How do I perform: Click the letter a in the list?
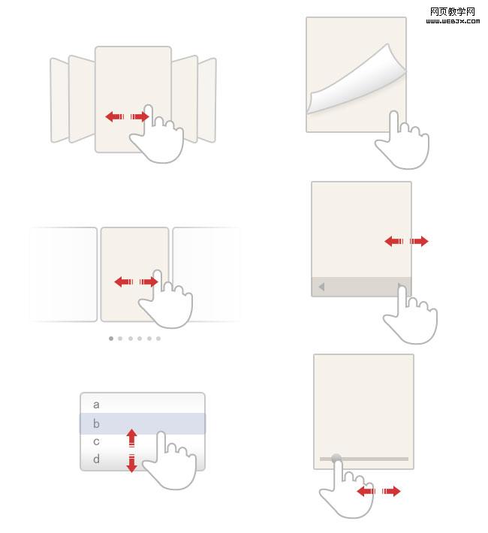(x=96, y=405)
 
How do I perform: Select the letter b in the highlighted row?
(x=96, y=423)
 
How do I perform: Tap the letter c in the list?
(x=96, y=441)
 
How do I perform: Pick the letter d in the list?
(x=96, y=459)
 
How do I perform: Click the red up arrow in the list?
(x=131, y=438)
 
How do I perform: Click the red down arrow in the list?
(x=131, y=463)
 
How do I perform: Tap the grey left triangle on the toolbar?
(x=321, y=287)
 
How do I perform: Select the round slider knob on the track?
(x=336, y=459)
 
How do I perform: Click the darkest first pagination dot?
(x=111, y=339)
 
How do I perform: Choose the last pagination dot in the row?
(x=158, y=339)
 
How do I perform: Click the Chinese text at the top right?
(x=452, y=11)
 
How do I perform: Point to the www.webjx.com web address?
(x=453, y=21)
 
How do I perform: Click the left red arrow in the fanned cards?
(x=115, y=116)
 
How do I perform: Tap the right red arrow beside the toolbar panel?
(x=419, y=241)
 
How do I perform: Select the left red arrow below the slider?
(x=366, y=491)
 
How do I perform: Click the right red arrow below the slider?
(x=391, y=491)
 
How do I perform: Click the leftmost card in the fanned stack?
(x=59, y=100)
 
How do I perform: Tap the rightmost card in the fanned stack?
(x=206, y=100)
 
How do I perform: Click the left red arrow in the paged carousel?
(x=123, y=282)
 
